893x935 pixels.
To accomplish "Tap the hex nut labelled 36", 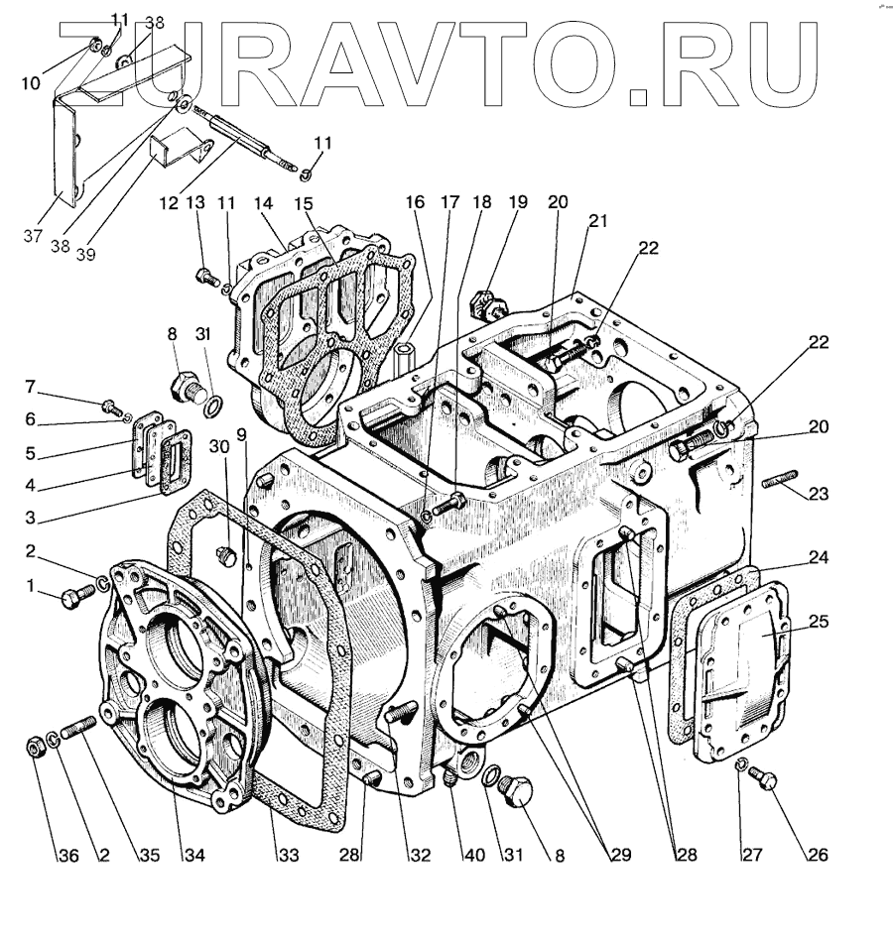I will point(32,745).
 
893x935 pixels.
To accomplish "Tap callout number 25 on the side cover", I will point(819,622).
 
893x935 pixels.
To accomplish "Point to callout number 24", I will point(819,558).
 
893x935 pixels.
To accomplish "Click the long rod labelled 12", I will point(238,143).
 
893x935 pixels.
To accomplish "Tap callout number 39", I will point(87,254).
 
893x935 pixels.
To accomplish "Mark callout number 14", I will point(262,203).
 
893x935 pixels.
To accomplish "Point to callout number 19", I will point(518,202).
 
